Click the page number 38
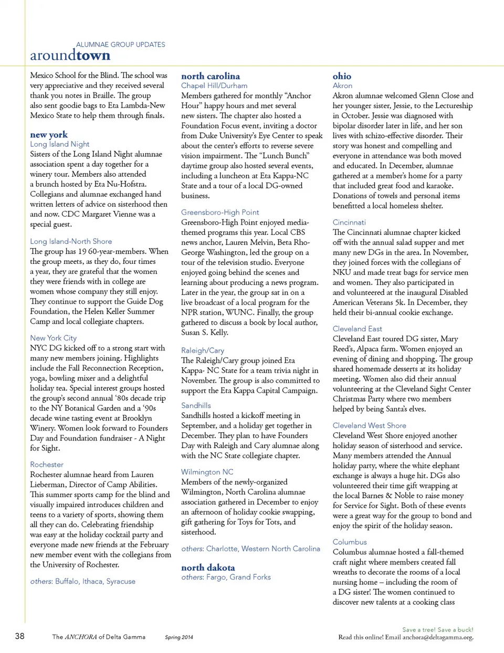pos(19,636)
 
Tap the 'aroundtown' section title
pos(70,55)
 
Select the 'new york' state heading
pos(49,135)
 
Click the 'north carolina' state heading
pos(211,76)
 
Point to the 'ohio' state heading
pos(342,76)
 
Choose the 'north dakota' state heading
pos(208,568)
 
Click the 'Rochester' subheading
pos(47,465)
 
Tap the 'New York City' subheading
pos(54,338)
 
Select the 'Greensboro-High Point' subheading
pos(220,212)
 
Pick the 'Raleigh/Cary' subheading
pos(203,350)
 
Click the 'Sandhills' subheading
pos(196,405)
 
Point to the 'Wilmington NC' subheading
pos(207,472)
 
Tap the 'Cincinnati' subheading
pos(349,222)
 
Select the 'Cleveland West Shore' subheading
pos(369,425)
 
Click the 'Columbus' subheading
pos(350,542)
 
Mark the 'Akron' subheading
pos(342,85)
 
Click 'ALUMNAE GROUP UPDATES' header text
pos(121,45)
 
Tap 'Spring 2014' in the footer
pos(179,637)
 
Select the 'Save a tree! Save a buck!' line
pos(437,629)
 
